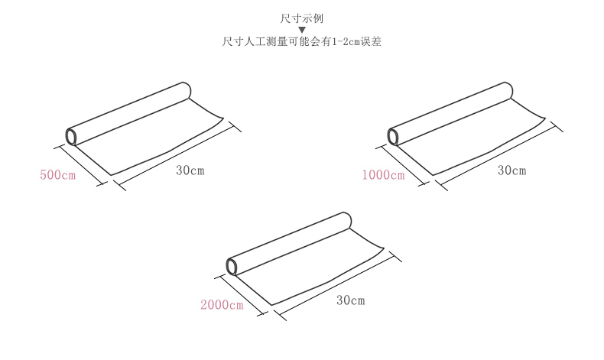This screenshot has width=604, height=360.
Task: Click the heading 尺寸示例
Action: pos(302,17)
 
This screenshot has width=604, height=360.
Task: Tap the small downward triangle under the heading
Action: pos(302,30)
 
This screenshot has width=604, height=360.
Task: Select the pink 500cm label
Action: pos(58,175)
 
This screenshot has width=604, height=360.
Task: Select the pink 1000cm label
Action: pos(383,175)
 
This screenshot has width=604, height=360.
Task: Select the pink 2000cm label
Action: pos(222,306)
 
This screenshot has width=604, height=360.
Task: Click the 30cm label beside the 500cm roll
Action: pos(190,170)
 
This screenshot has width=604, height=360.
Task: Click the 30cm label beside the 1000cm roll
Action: pos(512,170)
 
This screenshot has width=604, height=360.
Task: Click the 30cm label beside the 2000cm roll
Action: pos(351,300)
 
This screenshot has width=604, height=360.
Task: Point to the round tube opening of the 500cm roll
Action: pos(71,137)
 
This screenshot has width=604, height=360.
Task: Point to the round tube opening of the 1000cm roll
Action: pos(393,137)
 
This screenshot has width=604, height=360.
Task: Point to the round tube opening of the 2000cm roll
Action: pos(232,266)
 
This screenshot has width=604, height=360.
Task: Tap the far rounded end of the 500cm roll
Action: pos(185,90)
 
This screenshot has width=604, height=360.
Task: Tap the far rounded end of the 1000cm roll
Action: pos(507,90)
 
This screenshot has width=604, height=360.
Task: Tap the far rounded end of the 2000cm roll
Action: pos(346,220)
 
